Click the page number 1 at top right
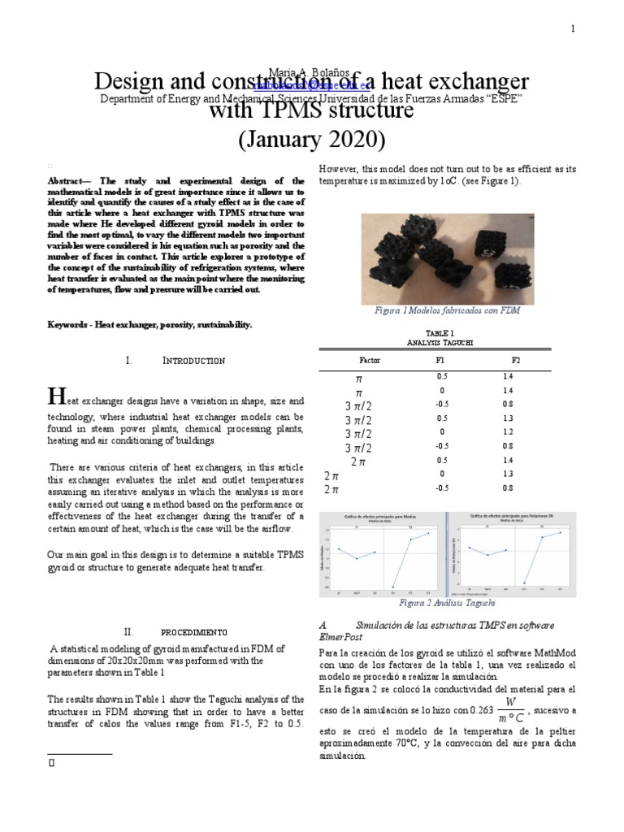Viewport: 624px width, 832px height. (573, 29)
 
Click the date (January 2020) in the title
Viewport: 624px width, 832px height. (311, 139)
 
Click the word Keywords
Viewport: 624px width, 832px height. (68, 324)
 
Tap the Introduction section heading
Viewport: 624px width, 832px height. (194, 360)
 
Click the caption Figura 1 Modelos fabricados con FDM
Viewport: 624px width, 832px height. (447, 310)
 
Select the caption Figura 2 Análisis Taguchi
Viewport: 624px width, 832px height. (446, 603)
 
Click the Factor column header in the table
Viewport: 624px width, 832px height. (370, 359)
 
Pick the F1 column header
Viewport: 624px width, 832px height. (440, 359)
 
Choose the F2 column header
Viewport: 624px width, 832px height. (515, 359)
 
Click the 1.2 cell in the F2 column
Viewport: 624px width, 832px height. (508, 432)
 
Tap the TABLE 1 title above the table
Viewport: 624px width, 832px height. (440, 333)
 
